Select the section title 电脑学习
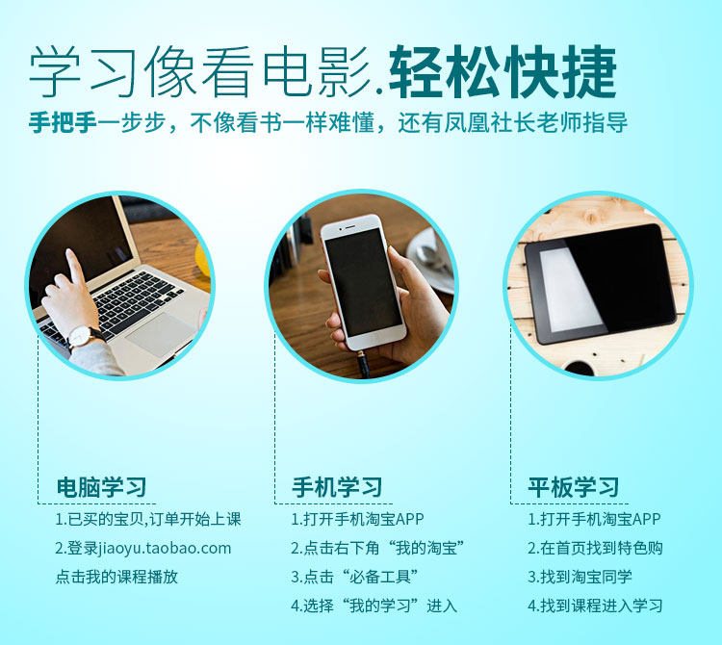(101, 487)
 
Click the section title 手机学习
(337, 487)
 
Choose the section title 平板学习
(573, 487)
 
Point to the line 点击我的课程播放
(116, 577)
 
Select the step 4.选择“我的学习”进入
(374, 606)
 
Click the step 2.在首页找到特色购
(595, 548)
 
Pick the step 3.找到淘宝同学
(580, 577)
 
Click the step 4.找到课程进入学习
(595, 606)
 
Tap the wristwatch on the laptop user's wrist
(85, 337)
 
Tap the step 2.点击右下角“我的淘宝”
(378, 548)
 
